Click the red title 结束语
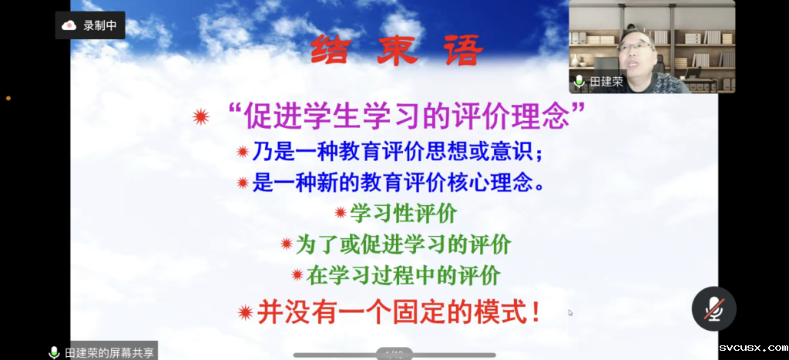point(397,50)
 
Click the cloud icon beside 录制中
point(69,25)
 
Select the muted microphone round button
point(714,308)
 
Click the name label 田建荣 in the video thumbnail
point(606,82)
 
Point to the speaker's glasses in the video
point(635,47)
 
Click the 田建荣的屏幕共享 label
point(109,352)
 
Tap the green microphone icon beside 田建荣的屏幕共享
point(54,352)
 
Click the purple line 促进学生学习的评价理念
point(408,117)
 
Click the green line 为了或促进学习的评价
point(404,244)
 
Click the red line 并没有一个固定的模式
point(399,312)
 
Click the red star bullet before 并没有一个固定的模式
point(246,313)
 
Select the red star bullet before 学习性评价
point(341,213)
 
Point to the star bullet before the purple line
point(201,117)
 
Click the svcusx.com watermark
point(753,348)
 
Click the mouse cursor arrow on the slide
point(570,312)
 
